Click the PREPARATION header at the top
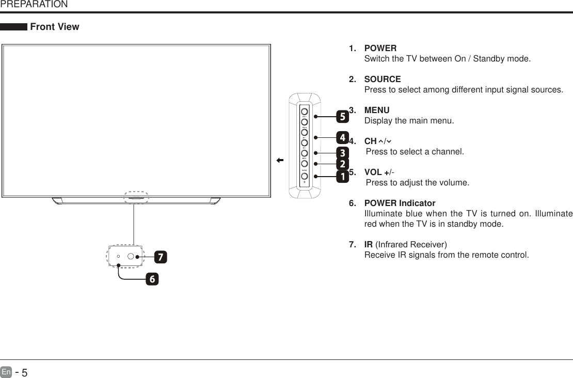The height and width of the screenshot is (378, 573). click(34, 5)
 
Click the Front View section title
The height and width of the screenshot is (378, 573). click(55, 27)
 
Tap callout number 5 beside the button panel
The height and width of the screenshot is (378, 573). click(342, 117)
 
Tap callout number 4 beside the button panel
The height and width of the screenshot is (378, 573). click(342, 138)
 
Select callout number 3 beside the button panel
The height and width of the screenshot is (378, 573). click(342, 153)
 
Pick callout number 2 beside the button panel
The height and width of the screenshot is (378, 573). click(342, 164)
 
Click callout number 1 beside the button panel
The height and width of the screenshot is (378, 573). click(342, 177)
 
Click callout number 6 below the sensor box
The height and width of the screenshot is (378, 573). click(152, 279)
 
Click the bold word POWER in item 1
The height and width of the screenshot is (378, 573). click(380, 49)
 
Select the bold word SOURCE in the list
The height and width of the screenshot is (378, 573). click(383, 80)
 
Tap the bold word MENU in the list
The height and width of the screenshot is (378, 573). click(377, 111)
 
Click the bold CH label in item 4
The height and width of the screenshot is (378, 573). click(371, 141)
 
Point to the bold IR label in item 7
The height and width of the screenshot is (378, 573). click(369, 244)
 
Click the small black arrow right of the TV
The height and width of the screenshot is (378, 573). click(280, 161)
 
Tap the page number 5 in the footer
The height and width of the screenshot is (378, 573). click(24, 371)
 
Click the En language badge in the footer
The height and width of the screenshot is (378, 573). click(6, 371)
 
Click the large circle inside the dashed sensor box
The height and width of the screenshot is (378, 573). click(132, 256)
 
